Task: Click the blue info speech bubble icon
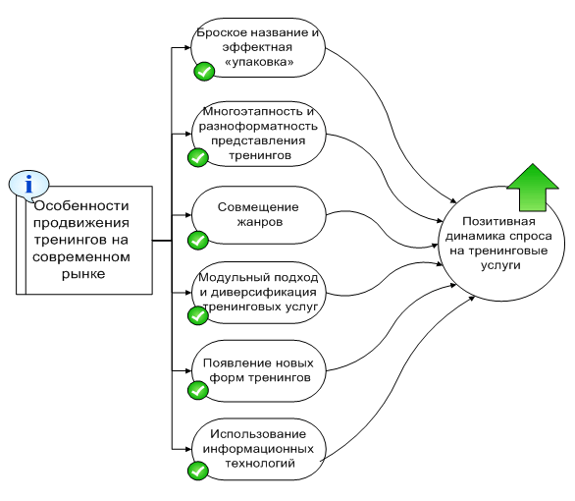point(28,186)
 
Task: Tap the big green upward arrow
point(533,188)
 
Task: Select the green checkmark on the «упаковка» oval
point(204,71)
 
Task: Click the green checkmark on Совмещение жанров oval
point(198,241)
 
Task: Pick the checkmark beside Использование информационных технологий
point(198,471)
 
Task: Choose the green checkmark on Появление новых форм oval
point(198,390)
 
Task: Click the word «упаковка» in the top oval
point(259,62)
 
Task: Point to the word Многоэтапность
point(254,112)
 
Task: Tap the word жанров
point(260,222)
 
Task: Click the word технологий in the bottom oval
point(260,464)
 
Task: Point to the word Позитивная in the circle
point(498,222)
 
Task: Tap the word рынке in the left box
point(83,274)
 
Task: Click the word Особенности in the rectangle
point(81,206)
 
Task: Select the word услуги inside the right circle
point(500,266)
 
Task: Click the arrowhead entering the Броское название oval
point(186,47)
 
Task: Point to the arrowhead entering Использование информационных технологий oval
point(187,449)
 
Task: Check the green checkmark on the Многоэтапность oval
point(198,158)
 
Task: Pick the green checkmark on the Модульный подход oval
point(198,315)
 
